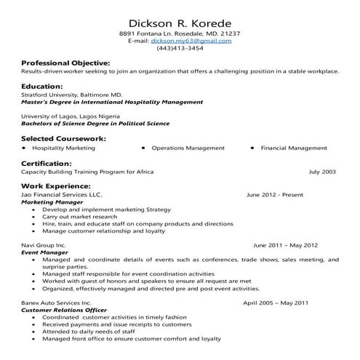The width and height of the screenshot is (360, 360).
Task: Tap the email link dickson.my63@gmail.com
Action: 191,41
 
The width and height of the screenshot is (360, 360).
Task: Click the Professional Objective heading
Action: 65,63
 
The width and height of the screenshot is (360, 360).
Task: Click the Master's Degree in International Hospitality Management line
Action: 112,103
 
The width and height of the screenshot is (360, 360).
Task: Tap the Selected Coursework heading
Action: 64,138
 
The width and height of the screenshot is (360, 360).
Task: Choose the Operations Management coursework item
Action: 188,148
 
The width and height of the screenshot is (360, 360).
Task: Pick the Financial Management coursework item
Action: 294,148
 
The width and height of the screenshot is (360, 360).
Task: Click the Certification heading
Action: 47,163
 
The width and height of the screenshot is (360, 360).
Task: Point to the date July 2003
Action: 322,172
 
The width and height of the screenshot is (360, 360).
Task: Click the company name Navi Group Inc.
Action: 44,245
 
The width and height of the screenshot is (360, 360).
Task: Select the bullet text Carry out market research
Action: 79,217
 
